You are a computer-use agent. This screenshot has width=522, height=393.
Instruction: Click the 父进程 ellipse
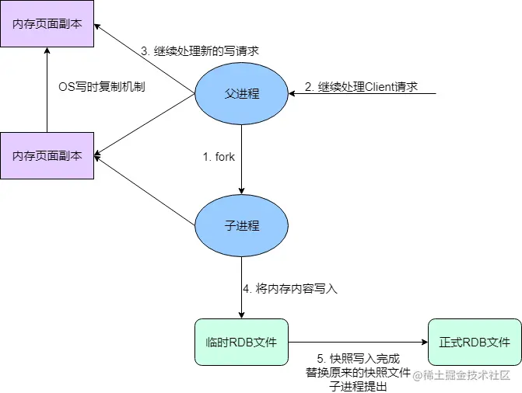[x=241, y=94]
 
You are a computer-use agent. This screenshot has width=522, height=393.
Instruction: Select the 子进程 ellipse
[x=241, y=226]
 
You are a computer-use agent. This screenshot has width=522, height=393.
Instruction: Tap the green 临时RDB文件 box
[x=241, y=342]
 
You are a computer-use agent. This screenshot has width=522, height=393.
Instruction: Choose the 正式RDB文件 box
[x=475, y=342]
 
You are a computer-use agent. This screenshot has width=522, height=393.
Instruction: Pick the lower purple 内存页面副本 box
[x=47, y=155]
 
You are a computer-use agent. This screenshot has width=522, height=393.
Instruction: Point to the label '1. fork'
[x=219, y=157]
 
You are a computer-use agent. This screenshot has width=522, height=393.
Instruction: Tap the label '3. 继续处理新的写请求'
[x=199, y=50]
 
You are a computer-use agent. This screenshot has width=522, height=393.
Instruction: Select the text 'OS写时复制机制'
[x=102, y=87]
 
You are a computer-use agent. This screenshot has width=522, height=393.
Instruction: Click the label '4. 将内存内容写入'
[x=289, y=289]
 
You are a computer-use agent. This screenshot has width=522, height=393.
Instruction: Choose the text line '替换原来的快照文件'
[x=358, y=373]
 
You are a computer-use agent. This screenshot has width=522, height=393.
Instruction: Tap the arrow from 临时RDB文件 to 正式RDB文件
[x=358, y=342]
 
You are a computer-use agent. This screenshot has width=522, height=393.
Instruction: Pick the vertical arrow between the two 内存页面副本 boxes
[x=47, y=89]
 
